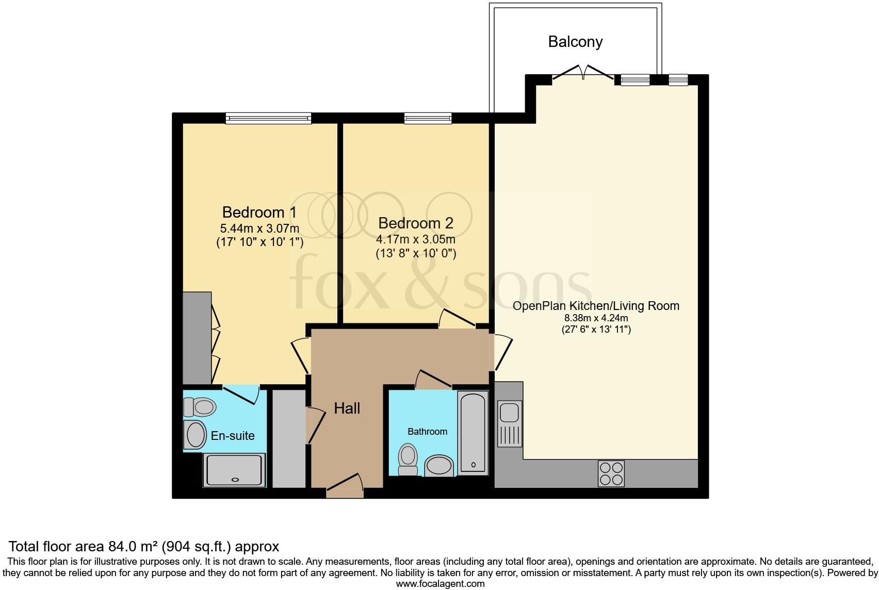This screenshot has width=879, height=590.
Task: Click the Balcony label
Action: (575, 42)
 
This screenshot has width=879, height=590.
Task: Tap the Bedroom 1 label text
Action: (259, 212)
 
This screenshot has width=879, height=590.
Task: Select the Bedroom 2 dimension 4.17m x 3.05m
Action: (415, 240)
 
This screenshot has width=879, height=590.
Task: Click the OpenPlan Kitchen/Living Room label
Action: (596, 306)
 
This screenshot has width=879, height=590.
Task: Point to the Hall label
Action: (347, 408)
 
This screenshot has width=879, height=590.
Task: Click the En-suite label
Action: (233, 436)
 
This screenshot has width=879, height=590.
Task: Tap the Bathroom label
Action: (427, 432)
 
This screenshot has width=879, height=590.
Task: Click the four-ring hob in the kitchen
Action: (611, 473)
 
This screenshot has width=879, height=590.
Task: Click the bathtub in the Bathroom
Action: (473, 432)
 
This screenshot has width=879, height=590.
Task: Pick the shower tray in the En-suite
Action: (235, 470)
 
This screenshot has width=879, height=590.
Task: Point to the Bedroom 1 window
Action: (268, 119)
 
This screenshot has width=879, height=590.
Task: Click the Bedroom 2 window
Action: (428, 119)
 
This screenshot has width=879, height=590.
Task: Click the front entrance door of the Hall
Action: (345, 487)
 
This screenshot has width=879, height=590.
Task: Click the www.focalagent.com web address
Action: (440, 584)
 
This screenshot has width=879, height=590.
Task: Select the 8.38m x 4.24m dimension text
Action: (596, 318)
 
